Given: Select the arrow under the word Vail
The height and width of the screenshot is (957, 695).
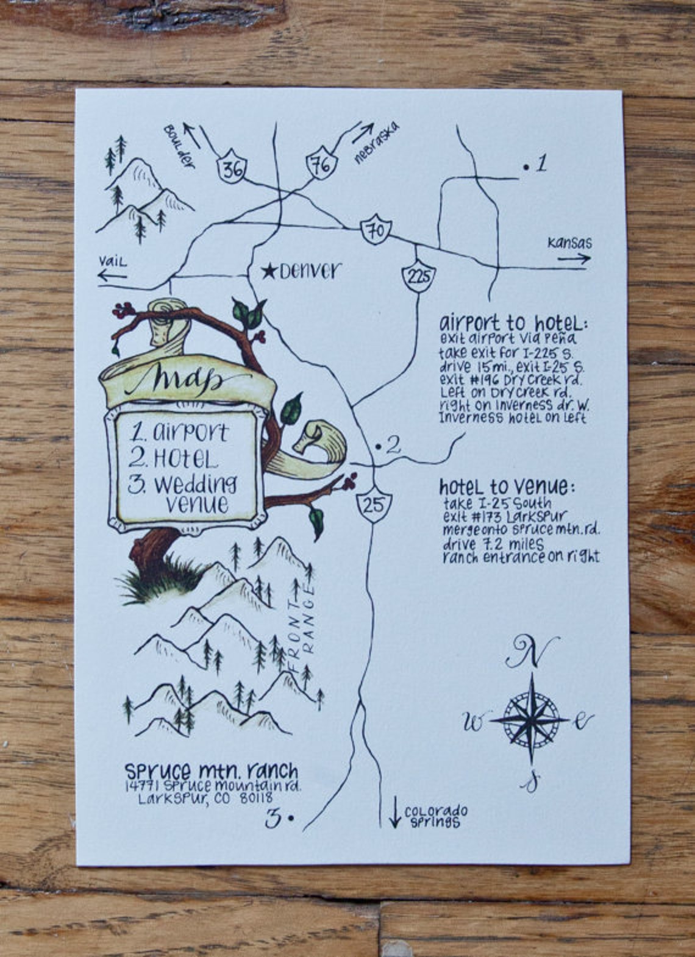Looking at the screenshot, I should tap(112, 276).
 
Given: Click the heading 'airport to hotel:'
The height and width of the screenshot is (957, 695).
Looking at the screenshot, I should tap(513, 322).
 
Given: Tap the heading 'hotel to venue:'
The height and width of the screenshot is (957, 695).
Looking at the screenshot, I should tap(506, 486).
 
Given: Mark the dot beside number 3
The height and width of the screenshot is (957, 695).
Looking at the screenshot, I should tap(291, 817).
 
